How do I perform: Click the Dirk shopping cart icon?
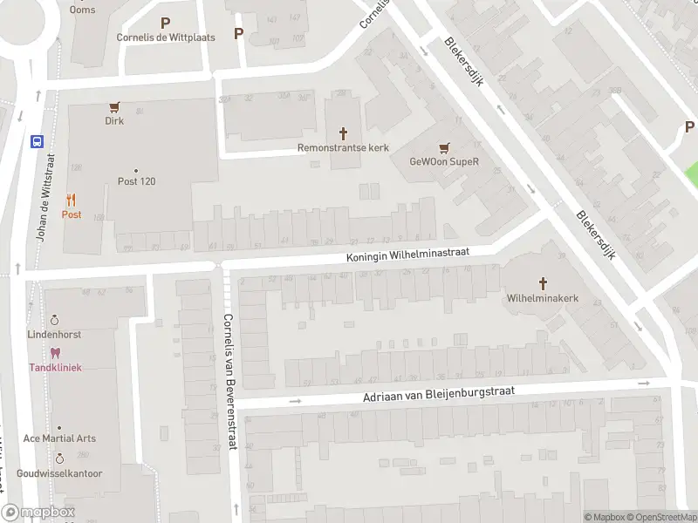point(113,107)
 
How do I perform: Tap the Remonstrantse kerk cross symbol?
point(343,133)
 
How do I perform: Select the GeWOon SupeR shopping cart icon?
point(445,147)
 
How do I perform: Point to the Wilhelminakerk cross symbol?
point(543,283)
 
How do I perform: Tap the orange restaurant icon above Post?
point(71,200)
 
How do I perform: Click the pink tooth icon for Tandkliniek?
point(56,353)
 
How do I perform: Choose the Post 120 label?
point(136,181)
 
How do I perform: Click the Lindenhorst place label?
point(54,335)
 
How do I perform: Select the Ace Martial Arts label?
point(59,438)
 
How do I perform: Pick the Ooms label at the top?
point(84,10)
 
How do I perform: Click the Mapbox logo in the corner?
point(38,513)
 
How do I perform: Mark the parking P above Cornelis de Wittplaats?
point(165,23)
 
